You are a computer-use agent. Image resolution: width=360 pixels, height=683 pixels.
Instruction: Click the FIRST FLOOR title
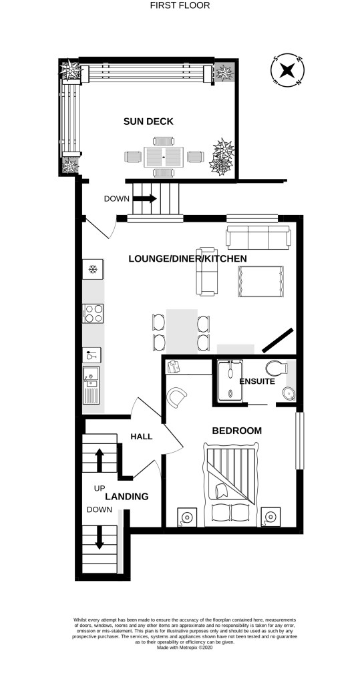180,5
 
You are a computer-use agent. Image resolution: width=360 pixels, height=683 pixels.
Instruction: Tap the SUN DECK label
148,122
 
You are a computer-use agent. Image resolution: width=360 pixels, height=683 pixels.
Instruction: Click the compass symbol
287,70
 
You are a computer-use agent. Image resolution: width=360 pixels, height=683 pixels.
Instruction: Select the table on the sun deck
164,157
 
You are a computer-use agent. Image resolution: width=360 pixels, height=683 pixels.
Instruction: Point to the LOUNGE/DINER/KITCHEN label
188,259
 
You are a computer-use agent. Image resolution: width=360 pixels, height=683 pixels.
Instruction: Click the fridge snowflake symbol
92,270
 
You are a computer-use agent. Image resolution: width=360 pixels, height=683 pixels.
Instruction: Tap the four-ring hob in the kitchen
94,314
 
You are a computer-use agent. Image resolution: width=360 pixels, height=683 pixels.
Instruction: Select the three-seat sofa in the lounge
258,238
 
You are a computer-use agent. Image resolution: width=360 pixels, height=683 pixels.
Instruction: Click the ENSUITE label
257,382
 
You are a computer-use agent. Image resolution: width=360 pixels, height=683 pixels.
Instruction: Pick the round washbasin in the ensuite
288,394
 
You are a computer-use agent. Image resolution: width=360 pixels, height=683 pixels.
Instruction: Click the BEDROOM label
236,431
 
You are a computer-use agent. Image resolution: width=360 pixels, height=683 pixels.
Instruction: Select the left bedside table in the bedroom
187,517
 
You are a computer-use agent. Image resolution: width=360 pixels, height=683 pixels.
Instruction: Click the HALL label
142,437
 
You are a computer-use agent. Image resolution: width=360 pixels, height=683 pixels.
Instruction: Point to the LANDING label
127,497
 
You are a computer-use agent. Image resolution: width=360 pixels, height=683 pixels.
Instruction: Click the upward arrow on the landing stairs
99,460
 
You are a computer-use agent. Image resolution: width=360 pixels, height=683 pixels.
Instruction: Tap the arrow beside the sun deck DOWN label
145,199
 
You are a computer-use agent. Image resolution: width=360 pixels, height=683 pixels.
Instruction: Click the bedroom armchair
177,397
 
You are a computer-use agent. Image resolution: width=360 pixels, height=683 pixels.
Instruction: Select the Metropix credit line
185,648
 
